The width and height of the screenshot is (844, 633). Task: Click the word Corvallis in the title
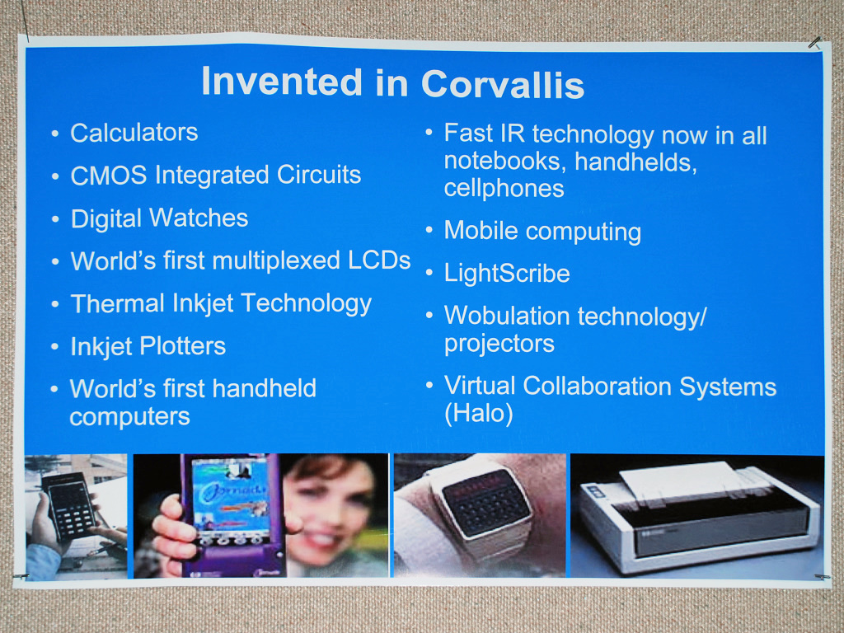coord(502,84)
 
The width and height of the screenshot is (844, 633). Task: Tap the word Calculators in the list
coord(134,133)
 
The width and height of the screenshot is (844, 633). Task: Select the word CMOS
coord(109,175)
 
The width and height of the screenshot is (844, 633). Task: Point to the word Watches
coord(199,218)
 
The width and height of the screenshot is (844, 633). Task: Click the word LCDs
coord(379,260)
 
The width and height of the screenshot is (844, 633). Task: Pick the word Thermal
coord(117,303)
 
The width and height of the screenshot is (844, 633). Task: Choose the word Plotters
coord(182,345)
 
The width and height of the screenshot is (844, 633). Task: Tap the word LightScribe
coord(507,274)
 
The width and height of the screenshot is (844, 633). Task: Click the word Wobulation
coord(507,316)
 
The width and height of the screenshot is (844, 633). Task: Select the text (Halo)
coord(479,414)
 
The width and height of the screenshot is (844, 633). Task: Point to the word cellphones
coord(504,189)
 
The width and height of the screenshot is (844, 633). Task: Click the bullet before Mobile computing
coord(429,230)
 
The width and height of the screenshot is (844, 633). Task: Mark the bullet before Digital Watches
coord(55,218)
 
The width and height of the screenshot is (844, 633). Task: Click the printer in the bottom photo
coord(698,517)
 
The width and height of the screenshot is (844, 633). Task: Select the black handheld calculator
coord(69,505)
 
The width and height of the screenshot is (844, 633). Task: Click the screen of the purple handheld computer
coord(230,495)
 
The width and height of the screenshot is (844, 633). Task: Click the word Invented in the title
coord(282,82)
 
